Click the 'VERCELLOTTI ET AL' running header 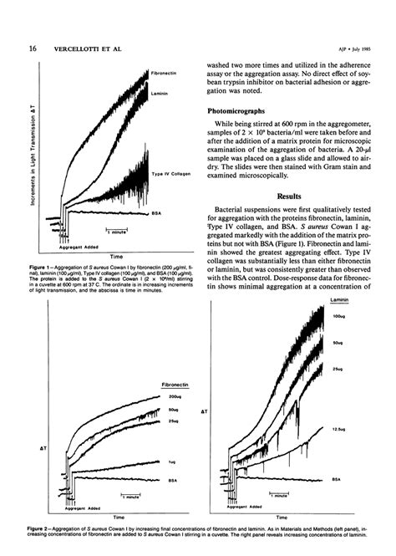(89, 48)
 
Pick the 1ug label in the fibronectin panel (171, 461)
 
